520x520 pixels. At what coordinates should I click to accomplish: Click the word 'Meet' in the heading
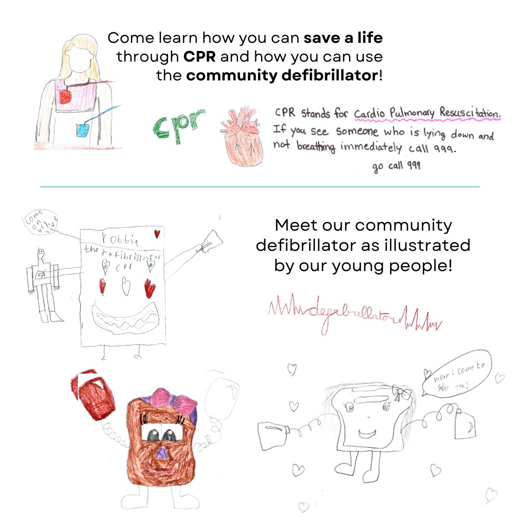pos(295,225)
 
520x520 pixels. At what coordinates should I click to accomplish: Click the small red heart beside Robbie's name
pos(157,234)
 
